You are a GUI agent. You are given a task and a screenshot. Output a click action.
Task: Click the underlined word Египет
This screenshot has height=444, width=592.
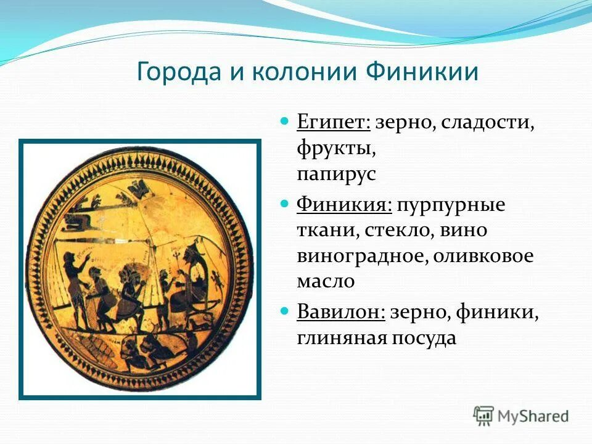click(333, 122)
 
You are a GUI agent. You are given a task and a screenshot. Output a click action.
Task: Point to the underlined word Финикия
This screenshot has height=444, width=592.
click(344, 205)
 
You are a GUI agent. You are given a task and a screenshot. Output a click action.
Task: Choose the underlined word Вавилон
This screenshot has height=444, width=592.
click(340, 312)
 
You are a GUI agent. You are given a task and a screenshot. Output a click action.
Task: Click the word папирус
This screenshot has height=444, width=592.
click(335, 175)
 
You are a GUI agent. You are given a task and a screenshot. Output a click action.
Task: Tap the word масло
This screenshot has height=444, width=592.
click(325, 282)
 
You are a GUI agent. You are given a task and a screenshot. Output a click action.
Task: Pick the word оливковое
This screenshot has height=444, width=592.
click(482, 256)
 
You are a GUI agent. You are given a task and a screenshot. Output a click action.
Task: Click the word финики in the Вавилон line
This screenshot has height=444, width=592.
click(497, 312)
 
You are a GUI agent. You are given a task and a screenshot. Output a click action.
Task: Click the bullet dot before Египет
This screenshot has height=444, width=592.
click(285, 121)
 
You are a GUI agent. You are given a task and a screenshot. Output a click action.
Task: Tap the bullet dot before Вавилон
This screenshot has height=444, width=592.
click(285, 311)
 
